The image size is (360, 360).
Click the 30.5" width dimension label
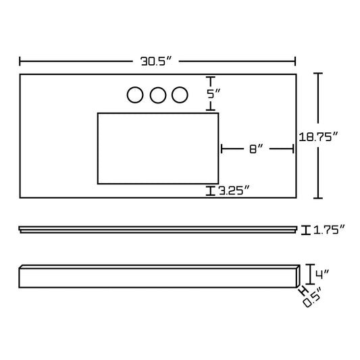(x=156, y=61)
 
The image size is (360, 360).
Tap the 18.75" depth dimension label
(x=318, y=137)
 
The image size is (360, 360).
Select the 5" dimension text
(x=213, y=94)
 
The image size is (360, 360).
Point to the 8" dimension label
(x=256, y=149)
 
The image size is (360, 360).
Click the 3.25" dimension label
(x=234, y=190)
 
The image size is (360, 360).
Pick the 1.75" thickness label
(x=329, y=230)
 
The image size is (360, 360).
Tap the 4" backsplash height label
(x=322, y=275)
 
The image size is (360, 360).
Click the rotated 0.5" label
(x=312, y=298)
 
